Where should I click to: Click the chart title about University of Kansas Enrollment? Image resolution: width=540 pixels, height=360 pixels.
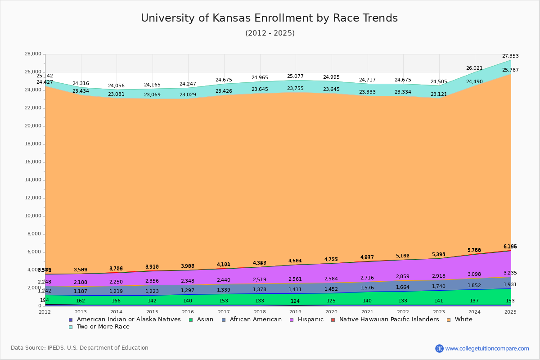coord(269,18)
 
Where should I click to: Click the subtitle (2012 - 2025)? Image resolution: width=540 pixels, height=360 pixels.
coord(270,33)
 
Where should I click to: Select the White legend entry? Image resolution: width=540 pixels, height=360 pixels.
coord(463,319)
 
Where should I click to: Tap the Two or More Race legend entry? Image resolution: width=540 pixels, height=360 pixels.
coord(103,327)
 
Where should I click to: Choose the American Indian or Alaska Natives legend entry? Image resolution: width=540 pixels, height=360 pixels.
coord(129,319)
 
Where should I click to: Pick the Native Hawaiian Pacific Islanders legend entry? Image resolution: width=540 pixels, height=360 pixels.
coord(389,319)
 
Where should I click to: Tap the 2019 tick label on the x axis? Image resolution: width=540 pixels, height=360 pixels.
coord(295,312)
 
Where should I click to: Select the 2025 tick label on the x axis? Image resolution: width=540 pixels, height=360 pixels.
coord(510,312)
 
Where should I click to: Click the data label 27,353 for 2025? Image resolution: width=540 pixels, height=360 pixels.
coord(510,56)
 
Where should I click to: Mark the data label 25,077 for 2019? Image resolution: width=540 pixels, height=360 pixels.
coord(295,76)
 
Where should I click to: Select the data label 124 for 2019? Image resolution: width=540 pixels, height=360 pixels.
coord(295,301)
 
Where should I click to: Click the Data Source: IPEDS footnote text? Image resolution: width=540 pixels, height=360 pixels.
coord(80,348)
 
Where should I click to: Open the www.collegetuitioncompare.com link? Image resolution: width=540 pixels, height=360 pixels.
coord(487,348)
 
